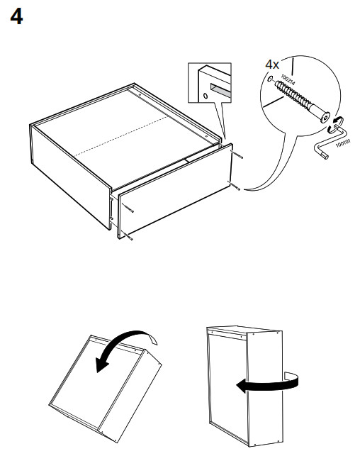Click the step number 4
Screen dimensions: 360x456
click(16, 17)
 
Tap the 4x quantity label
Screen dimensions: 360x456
click(272, 65)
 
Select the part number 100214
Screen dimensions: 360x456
click(288, 79)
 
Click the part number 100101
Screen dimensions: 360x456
click(343, 143)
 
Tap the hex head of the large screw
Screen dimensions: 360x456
click(325, 118)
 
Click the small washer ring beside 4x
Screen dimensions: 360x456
click(270, 79)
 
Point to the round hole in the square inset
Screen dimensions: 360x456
click(205, 96)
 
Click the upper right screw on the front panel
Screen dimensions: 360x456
click(237, 155)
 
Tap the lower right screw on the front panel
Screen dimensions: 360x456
click(234, 186)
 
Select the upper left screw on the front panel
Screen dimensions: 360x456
click(128, 208)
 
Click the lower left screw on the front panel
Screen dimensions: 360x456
click(127, 235)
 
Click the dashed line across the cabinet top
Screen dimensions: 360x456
click(121, 136)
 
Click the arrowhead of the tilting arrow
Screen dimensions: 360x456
click(101, 365)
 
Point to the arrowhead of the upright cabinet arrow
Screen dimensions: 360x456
click(242, 387)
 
